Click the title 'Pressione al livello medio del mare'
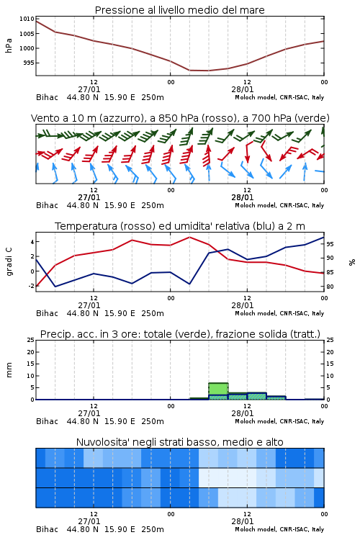click(x=179, y=10)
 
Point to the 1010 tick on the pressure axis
click(x=27, y=19)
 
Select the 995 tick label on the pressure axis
click(x=29, y=63)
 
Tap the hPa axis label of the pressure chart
click(x=9, y=45)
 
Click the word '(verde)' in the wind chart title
click(x=313, y=118)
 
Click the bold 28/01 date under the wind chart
click(x=243, y=197)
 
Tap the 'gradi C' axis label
click(x=9, y=261)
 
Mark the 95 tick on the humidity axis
click(x=330, y=244)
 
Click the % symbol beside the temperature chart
click(x=352, y=262)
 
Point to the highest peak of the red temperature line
click(x=189, y=237)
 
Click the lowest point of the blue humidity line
click(x=55, y=287)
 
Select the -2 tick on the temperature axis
click(x=32, y=286)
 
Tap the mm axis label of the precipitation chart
click(x=9, y=369)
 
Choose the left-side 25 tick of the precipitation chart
click(x=31, y=340)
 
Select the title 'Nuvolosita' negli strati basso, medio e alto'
click(x=179, y=442)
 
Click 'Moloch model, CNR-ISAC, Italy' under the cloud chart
click(x=279, y=529)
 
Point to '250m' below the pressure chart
click(x=153, y=97)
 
